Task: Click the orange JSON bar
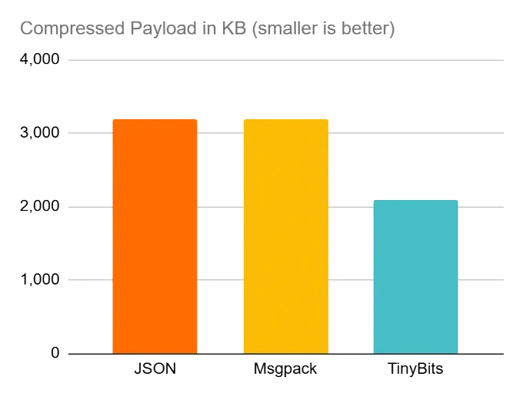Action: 155,236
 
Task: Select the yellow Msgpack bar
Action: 286,236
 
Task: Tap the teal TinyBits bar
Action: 415,277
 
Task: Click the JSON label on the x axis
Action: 155,369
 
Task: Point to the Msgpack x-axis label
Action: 285,369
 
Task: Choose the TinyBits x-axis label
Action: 415,369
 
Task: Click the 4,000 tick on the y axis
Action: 40,59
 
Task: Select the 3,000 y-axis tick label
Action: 40,133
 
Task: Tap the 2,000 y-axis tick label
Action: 40,206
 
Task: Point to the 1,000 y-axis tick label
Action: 40,279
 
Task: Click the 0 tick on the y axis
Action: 55,352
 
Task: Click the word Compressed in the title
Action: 72,28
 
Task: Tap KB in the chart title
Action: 234,28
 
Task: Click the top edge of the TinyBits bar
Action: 415,201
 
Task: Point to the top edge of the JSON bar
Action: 155,119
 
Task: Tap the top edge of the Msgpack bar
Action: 286,119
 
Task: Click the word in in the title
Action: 209,28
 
